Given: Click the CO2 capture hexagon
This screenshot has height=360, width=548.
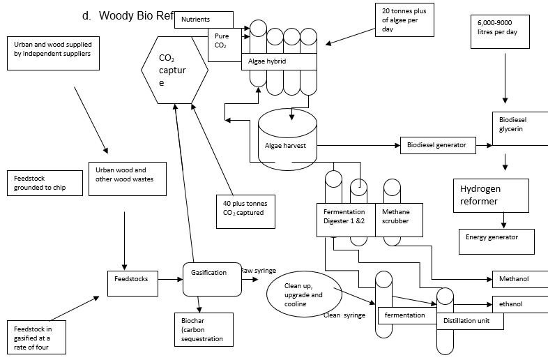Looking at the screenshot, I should [174, 69].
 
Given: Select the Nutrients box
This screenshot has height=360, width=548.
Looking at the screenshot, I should [203, 20].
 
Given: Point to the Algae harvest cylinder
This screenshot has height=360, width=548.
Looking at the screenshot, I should [287, 140].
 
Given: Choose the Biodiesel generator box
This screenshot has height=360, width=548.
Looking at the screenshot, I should [437, 145].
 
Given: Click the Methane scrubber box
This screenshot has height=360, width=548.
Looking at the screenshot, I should [396, 216].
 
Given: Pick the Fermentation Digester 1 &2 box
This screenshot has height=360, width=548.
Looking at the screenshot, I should [344, 216].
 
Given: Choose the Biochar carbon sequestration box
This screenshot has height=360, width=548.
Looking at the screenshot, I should [202, 329].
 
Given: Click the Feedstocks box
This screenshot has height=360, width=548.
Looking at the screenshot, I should [132, 280].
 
